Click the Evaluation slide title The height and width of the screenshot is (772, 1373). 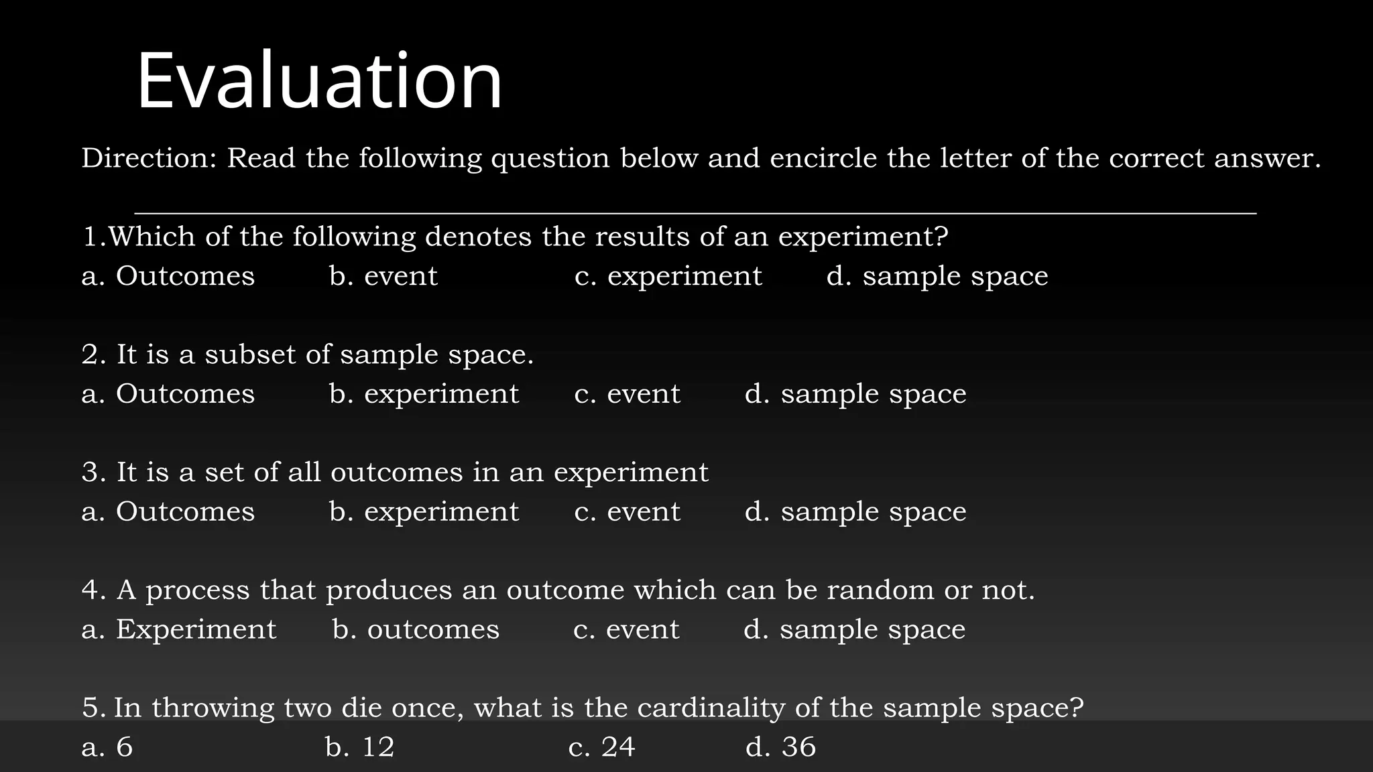pos(319,80)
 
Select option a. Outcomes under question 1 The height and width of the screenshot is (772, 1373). pos(168,276)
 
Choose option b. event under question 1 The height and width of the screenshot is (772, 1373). pos(383,276)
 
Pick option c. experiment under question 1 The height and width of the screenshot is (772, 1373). pos(668,276)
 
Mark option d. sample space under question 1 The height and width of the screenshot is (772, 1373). pos(937,276)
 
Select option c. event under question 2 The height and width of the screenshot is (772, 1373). pos(627,394)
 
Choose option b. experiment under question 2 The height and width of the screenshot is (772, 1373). pos(424,394)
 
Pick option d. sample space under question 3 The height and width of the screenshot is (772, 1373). pos(855,512)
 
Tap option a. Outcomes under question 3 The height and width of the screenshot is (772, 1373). pos(168,512)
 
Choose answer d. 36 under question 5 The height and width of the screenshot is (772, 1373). pos(780,747)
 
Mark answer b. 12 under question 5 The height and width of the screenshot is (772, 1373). pos(360,747)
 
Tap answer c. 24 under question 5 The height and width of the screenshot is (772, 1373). pos(601,747)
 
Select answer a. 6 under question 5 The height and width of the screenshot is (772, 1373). pos(107,747)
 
